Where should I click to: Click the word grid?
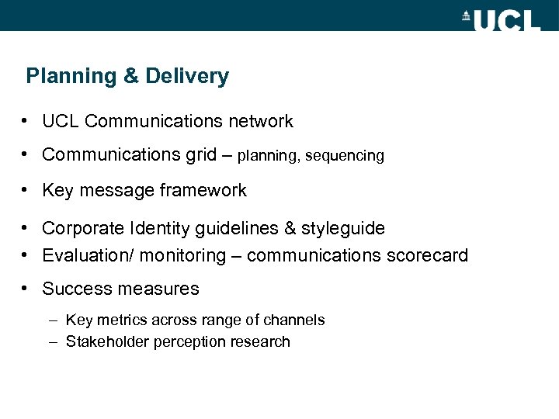(x=201, y=155)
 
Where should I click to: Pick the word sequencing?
(x=345, y=156)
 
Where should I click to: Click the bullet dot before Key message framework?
(x=26, y=190)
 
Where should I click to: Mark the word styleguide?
(x=343, y=228)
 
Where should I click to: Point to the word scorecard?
(x=430, y=255)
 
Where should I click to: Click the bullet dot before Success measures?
(x=26, y=289)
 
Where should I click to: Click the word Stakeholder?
(x=106, y=341)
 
